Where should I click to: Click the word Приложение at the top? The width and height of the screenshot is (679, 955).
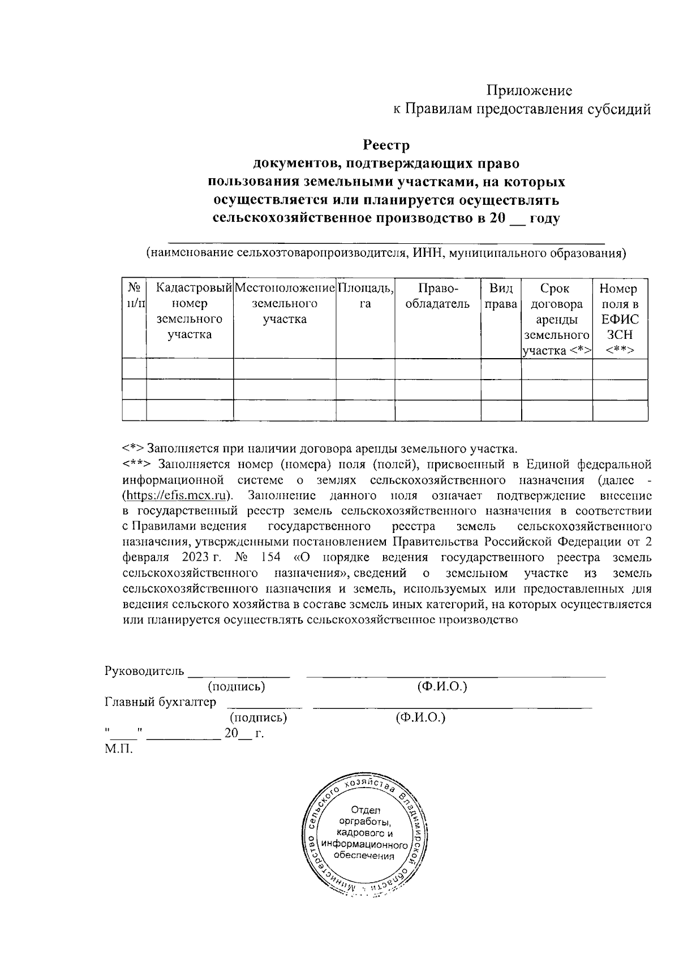point(530,91)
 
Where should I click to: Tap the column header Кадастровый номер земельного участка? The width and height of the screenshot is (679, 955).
point(190,311)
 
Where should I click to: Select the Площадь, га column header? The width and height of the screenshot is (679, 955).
point(365,296)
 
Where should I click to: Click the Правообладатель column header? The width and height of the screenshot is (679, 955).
point(437,296)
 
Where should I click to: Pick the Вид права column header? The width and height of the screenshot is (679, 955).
point(501,296)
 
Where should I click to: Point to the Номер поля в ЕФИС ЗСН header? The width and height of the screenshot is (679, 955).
point(619,319)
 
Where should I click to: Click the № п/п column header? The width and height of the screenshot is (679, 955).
point(134,296)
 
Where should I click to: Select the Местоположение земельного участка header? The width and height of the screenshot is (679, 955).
point(285,304)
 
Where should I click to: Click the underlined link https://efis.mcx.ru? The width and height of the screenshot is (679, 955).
point(178,496)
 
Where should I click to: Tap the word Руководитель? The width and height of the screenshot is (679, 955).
point(144,672)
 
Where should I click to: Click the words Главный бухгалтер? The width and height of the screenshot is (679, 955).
point(161,703)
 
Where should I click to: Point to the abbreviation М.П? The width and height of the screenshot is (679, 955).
point(118,749)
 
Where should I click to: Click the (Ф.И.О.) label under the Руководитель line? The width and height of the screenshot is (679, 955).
point(441,687)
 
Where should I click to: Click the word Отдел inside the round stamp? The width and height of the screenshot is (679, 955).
point(366,810)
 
